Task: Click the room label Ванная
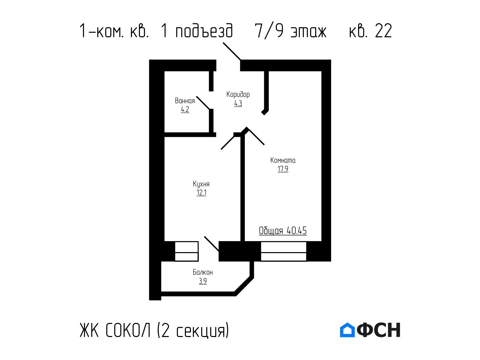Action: [x=185, y=101]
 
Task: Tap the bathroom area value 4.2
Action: [x=185, y=109]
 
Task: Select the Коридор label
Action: [x=238, y=95]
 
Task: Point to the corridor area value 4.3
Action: [x=238, y=103]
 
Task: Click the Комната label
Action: [x=283, y=161]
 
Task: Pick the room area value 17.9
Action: [x=283, y=169]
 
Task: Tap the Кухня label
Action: [x=201, y=184]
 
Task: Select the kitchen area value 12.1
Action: [x=201, y=193]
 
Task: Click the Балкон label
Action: [x=203, y=272]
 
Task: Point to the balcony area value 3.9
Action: [x=203, y=281]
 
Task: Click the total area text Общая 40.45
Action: [x=283, y=231]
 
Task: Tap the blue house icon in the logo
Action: [x=347, y=330]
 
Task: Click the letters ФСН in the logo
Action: [x=379, y=330]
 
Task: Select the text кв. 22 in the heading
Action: [x=370, y=31]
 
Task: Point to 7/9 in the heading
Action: [x=269, y=31]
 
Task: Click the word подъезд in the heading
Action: [x=204, y=31]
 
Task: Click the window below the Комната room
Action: [x=283, y=251]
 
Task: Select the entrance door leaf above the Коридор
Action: [x=232, y=51]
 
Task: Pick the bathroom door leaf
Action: [x=203, y=103]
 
